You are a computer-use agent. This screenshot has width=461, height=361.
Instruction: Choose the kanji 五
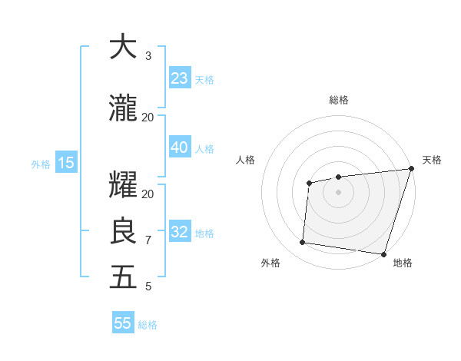click(x=123, y=277)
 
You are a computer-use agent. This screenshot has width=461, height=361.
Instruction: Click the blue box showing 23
click(x=180, y=78)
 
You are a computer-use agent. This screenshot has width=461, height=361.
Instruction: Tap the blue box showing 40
click(x=180, y=148)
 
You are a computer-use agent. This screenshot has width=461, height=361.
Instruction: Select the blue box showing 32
click(x=180, y=233)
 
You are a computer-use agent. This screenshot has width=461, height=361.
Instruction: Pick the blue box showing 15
click(x=65, y=163)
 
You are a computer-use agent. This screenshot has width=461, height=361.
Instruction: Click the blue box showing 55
click(x=123, y=323)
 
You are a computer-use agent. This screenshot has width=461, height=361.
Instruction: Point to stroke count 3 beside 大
click(x=148, y=56)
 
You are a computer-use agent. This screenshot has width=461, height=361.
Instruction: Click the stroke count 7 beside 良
click(x=148, y=240)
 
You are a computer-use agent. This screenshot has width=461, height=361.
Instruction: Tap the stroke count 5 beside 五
click(x=148, y=286)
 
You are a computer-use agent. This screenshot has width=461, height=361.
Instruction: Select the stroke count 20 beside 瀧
click(x=148, y=118)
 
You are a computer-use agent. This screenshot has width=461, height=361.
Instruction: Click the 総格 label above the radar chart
click(x=338, y=100)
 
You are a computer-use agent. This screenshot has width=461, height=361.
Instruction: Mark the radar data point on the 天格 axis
click(x=411, y=169)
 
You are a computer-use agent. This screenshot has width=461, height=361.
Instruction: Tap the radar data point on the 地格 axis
click(x=383, y=253)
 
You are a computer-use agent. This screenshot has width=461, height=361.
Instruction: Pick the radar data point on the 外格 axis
click(x=303, y=243)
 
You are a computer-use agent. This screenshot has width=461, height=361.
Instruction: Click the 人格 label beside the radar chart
click(x=246, y=160)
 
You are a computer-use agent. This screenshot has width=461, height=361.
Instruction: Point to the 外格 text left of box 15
click(x=41, y=164)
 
